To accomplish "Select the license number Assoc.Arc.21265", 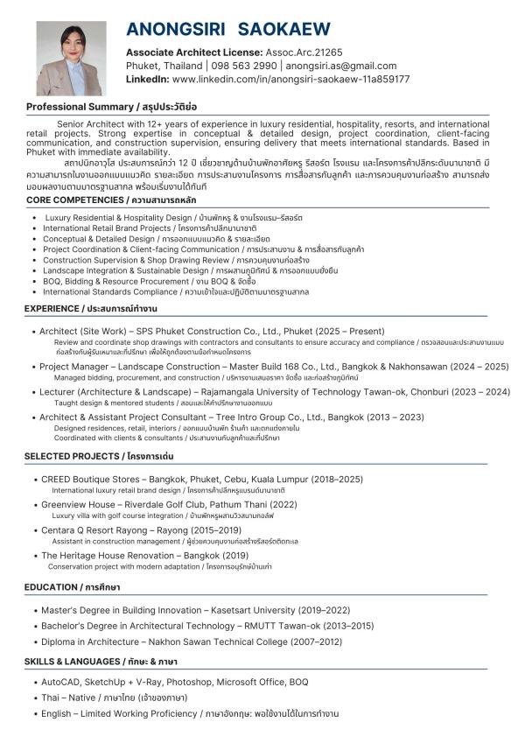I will click(x=297, y=53).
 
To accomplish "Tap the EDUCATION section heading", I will click(x=50, y=586).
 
